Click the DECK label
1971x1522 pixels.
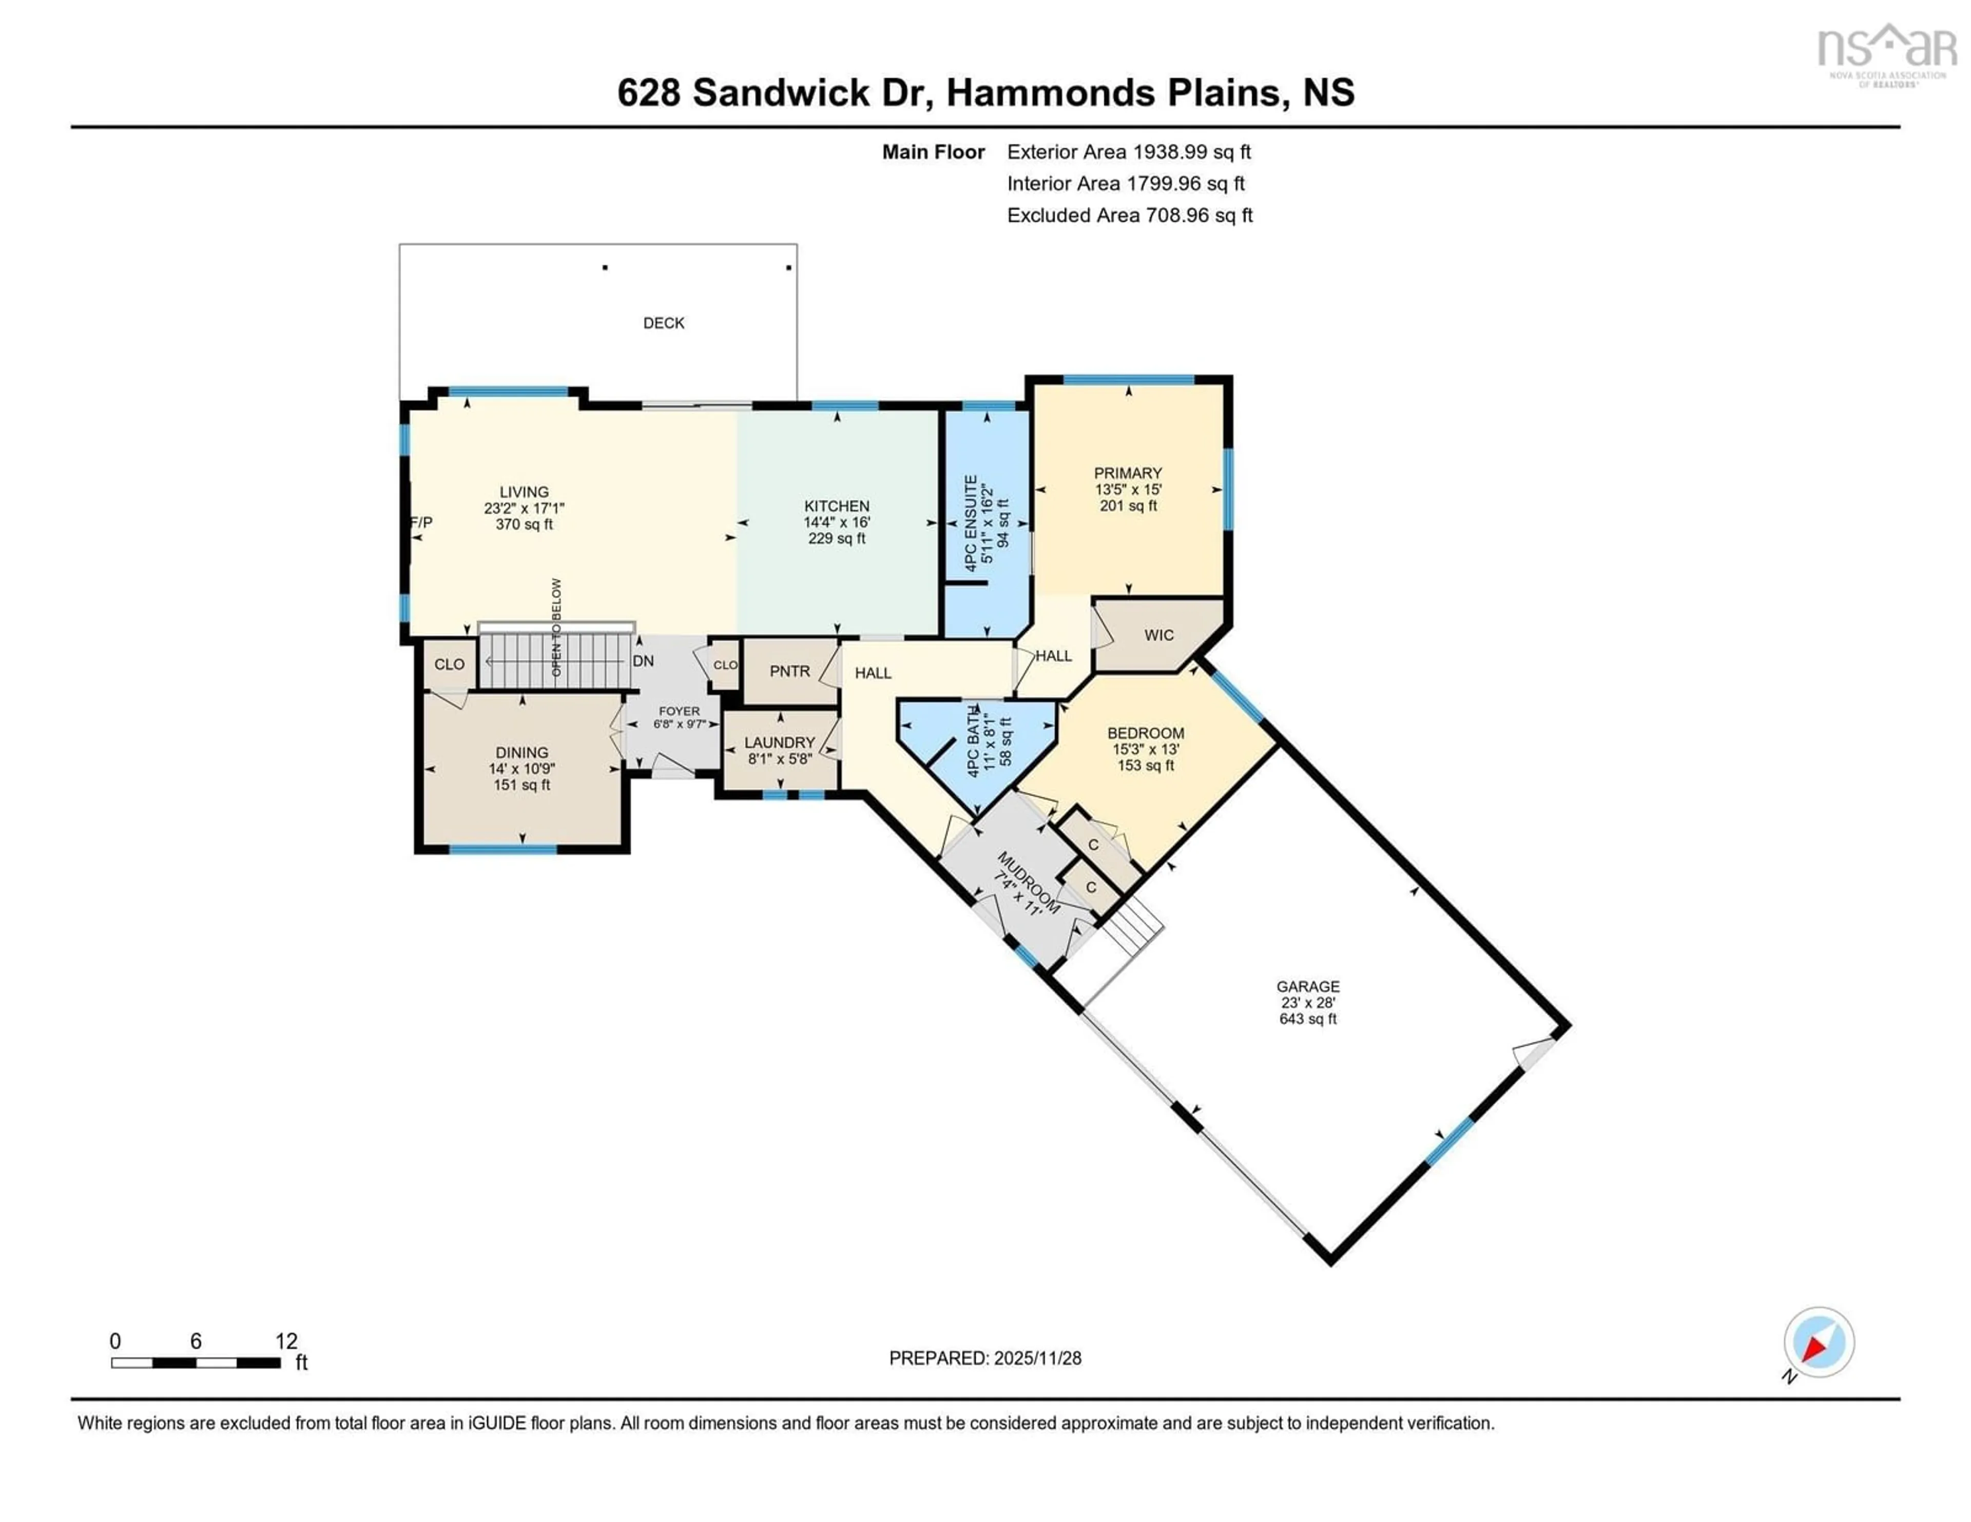pyautogui.click(x=663, y=323)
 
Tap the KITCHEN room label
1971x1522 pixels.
pyautogui.click(x=837, y=506)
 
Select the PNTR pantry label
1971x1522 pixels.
pyautogui.click(x=789, y=671)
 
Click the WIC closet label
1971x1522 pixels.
pyautogui.click(x=1159, y=635)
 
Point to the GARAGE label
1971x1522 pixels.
pyautogui.click(x=1308, y=986)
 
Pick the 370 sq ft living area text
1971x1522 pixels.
pyautogui.click(x=524, y=524)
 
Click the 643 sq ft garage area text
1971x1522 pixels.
pyautogui.click(x=1308, y=1019)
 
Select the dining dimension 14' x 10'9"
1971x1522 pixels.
pyautogui.click(x=521, y=769)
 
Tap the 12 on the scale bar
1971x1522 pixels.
pyautogui.click(x=286, y=1341)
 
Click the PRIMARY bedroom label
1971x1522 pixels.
pyautogui.click(x=1127, y=473)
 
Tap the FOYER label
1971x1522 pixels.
pyautogui.click(x=679, y=711)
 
